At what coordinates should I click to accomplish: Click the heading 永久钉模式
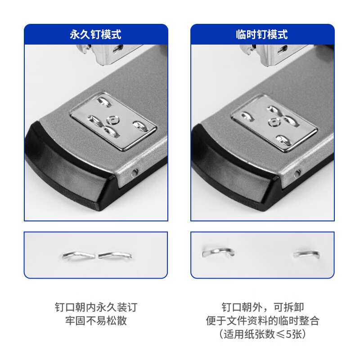[x=95, y=35]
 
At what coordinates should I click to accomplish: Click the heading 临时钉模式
[x=262, y=35]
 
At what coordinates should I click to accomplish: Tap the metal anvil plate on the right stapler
[x=274, y=123]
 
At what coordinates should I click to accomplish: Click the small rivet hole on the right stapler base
[x=296, y=173]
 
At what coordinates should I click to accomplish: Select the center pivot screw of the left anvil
[x=112, y=120]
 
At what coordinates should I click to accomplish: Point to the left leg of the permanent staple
[x=79, y=256]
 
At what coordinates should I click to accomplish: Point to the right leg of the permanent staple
[x=115, y=256]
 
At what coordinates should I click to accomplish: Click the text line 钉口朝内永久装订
[x=95, y=308]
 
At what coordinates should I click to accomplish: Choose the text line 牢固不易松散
[x=95, y=321]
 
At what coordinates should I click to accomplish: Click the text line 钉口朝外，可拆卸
[x=262, y=308]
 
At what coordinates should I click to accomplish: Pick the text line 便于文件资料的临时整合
[x=262, y=321]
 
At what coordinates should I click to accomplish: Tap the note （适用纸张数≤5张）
[x=262, y=334]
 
